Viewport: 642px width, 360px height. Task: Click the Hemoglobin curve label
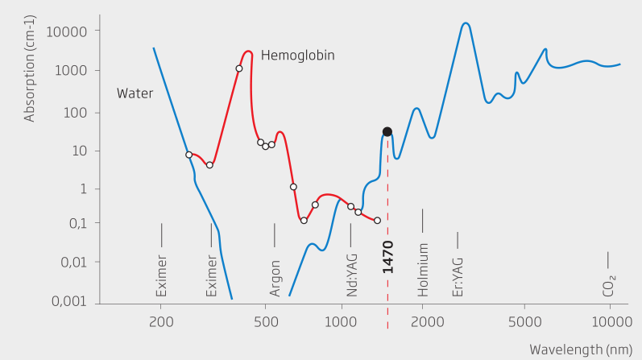[297, 56]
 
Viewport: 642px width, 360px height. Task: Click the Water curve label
[135, 93]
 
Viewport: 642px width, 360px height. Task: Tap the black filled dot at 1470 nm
[387, 131]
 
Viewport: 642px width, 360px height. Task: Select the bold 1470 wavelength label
[387, 255]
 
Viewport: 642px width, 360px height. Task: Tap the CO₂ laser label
[609, 285]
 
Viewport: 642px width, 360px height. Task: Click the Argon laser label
[275, 277]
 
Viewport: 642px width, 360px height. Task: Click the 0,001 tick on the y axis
[71, 301]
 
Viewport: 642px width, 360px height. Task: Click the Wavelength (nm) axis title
[578, 349]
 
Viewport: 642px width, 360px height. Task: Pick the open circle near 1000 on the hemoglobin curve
[350, 206]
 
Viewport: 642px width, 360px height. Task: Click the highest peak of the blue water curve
[466, 23]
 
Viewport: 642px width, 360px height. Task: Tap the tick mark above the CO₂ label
[608, 259]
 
